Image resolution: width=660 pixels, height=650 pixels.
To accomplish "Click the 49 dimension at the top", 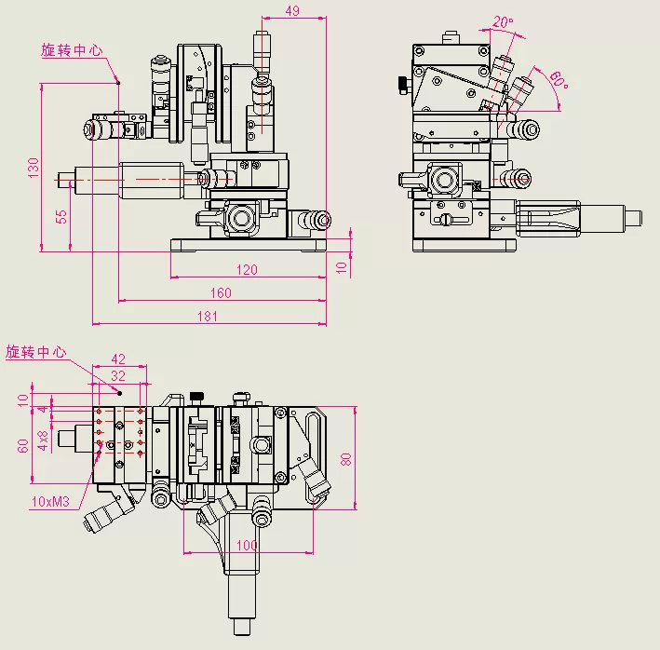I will pyautogui.click(x=291, y=11).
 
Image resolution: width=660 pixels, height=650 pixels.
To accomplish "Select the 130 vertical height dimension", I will pyautogui.click(x=34, y=168).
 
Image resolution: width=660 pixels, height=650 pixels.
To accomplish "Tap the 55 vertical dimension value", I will pyautogui.click(x=62, y=215).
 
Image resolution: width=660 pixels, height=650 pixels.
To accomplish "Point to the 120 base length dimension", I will pyautogui.click(x=246, y=270).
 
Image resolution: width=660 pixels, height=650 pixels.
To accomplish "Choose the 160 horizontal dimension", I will pyautogui.click(x=221, y=293).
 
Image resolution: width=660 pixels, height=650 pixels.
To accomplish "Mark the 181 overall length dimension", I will pyautogui.click(x=208, y=317).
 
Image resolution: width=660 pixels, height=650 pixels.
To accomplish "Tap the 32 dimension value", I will pyautogui.click(x=118, y=375).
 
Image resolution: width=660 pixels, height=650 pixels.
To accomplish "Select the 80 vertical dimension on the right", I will pyautogui.click(x=346, y=459).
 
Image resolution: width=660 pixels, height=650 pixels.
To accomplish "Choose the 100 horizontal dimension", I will pyautogui.click(x=247, y=544).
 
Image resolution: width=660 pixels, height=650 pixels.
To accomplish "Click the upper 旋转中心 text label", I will pyautogui.click(x=72, y=50).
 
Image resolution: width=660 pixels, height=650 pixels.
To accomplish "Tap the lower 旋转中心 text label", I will pyautogui.click(x=36, y=352).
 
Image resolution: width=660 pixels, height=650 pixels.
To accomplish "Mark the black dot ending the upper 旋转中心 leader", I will pyautogui.click(x=118, y=83).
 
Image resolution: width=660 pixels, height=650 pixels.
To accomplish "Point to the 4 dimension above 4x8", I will pyautogui.click(x=42, y=409).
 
